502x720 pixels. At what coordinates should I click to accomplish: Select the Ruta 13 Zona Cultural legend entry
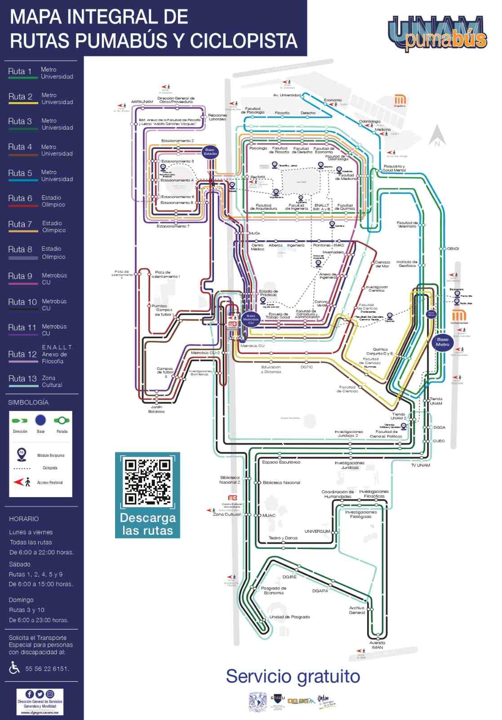[x=36, y=381]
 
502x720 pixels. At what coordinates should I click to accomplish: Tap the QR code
[x=147, y=481]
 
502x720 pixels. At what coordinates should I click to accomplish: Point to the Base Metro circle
[x=442, y=342]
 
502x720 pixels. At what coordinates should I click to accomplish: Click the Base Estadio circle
[x=210, y=151]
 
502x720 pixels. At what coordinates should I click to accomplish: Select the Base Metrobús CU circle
[x=251, y=319]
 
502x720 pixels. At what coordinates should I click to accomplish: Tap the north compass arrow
[x=437, y=135]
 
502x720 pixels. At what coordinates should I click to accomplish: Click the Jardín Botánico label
[x=156, y=409]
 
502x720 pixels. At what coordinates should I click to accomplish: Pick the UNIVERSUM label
[x=317, y=531]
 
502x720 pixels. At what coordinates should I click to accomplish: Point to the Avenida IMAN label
[x=377, y=645]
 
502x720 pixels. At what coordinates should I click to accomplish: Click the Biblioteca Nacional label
[x=281, y=482]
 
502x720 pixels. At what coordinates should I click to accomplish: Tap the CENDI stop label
[x=453, y=249]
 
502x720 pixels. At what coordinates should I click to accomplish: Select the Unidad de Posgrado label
[x=289, y=617]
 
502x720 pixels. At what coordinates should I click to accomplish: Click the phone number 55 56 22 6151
[x=47, y=669]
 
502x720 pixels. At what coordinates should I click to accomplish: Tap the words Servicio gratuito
[x=293, y=676]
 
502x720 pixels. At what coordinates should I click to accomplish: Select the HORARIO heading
[x=24, y=519]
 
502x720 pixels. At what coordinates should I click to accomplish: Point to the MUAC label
[x=269, y=515]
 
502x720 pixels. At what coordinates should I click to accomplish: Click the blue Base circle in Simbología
[x=40, y=420]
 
